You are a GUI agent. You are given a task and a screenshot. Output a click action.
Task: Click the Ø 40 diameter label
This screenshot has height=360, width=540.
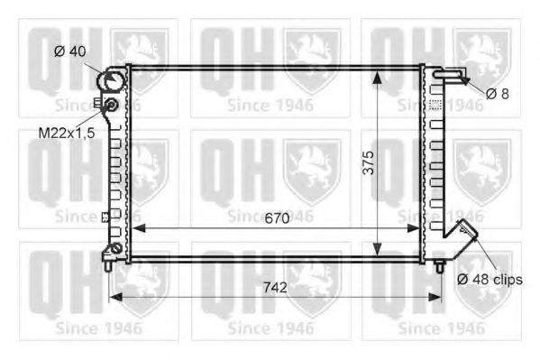[70, 51]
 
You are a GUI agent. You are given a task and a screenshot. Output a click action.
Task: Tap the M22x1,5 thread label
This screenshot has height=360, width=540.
[67, 133]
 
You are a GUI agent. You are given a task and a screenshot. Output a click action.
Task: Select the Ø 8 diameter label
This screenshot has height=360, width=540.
[498, 94]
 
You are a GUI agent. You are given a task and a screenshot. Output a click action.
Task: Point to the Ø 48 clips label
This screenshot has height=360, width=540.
[490, 280]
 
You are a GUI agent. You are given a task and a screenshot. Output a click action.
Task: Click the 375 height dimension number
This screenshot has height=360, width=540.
[369, 162]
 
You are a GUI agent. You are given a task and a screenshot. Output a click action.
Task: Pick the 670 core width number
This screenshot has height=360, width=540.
[277, 218]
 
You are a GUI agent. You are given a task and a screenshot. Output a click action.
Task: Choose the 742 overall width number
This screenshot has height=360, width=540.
[275, 287]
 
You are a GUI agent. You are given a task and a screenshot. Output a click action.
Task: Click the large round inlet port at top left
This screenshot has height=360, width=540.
[110, 81]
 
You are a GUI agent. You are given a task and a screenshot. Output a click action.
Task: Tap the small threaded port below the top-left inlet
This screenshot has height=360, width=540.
[111, 104]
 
